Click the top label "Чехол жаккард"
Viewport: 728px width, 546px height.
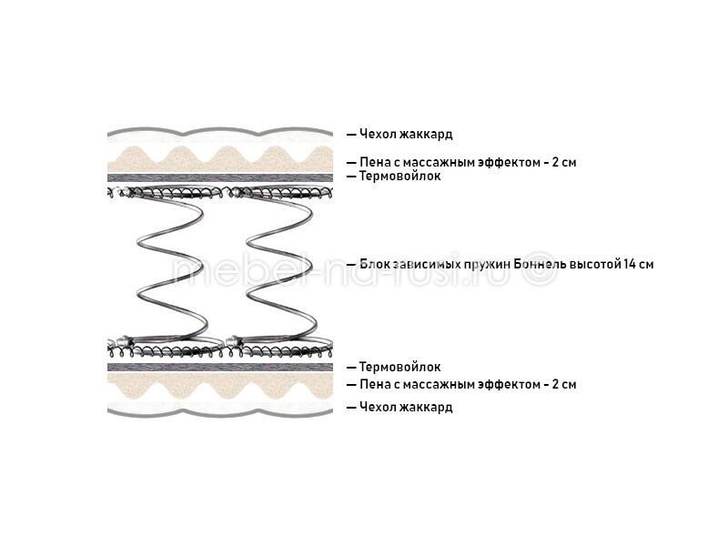tap(406, 134)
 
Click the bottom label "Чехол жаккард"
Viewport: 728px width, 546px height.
tap(406, 407)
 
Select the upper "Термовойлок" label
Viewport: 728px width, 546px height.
tap(399, 176)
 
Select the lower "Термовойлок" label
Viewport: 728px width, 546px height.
tap(399, 367)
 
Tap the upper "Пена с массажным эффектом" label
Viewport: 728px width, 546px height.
tap(449, 163)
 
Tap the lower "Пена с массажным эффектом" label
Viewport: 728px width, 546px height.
tap(449, 384)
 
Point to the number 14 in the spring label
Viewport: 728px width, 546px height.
tap(630, 264)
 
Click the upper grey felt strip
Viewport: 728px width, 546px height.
tap(220, 177)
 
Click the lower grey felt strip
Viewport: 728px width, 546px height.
tap(220, 368)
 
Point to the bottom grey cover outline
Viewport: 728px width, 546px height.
tap(220, 412)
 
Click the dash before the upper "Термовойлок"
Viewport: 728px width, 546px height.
tap(351, 177)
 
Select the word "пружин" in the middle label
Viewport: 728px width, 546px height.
tap(487, 265)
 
